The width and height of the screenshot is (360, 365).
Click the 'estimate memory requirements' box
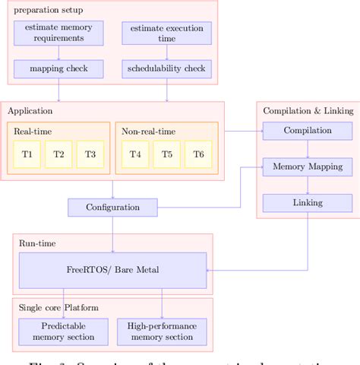pos(58,33)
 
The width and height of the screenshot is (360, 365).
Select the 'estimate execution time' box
pos(166,33)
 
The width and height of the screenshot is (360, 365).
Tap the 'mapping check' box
pos(58,69)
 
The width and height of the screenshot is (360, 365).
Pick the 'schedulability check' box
pos(166,69)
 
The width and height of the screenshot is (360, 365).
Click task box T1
pos(27,154)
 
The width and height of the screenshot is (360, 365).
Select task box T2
pos(58,154)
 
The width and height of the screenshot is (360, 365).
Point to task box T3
pos(90,154)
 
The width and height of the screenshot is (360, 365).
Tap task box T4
pos(135,154)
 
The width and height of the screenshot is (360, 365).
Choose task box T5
pos(166,154)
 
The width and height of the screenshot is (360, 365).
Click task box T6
pos(198,154)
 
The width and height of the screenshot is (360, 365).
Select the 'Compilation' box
pos(308,131)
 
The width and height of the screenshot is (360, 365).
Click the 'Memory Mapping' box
pos(308,167)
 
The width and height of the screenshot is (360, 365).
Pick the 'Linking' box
pos(308,202)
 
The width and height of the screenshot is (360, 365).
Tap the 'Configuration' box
pos(112,207)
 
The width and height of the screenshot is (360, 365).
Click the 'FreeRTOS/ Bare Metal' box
pos(112,270)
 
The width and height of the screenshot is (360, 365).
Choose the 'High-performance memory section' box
pos(162,332)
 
